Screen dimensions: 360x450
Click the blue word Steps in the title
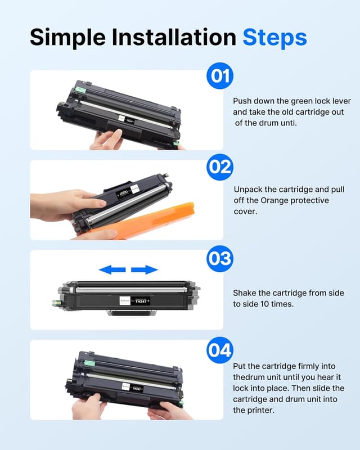click(274, 37)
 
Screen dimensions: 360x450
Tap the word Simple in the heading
click(67, 37)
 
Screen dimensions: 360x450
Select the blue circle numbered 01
click(220, 76)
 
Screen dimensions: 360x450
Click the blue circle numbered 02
click(220, 167)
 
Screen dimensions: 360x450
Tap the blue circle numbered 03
click(220, 258)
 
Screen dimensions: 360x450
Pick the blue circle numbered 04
click(220, 350)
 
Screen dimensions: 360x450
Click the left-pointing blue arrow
click(112, 270)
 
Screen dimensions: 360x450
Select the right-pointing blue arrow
click(145, 270)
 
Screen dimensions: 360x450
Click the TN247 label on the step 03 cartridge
click(141, 301)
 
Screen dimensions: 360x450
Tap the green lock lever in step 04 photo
click(90, 363)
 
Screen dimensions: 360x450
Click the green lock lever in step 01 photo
click(82, 91)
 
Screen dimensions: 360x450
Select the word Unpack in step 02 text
click(248, 190)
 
